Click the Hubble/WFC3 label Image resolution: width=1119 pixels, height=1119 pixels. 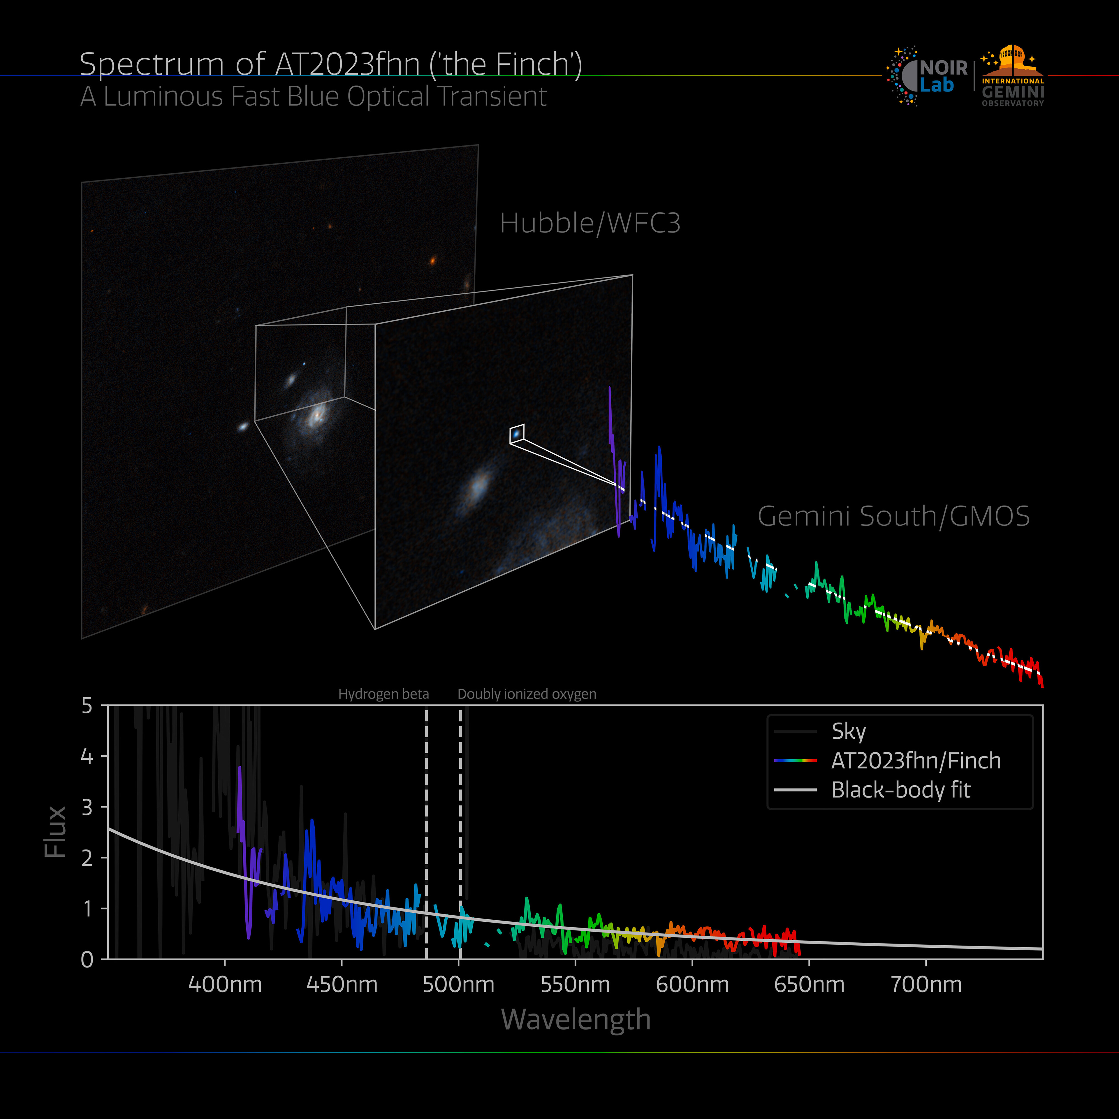tap(590, 223)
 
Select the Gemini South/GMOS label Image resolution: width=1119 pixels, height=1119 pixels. tap(893, 516)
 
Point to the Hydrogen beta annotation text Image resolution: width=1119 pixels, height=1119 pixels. tap(383, 694)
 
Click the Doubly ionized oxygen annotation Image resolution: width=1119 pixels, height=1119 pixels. tap(527, 694)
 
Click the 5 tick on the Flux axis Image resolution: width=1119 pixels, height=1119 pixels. tap(87, 705)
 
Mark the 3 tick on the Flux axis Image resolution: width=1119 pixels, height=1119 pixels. tap(87, 807)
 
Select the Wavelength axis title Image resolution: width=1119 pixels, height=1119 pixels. tap(576, 1019)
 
